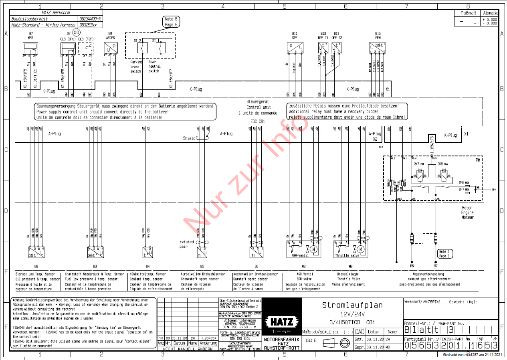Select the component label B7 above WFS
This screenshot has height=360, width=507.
point(31,33)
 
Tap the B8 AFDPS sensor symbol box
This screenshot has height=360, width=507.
point(110,47)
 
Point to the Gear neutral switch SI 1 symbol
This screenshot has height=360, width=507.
point(161,47)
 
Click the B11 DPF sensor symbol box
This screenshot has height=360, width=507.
point(295,47)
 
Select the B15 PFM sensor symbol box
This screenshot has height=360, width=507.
point(378,47)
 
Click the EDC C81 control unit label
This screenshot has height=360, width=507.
point(258,121)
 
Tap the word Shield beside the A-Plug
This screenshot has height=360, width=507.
point(190,138)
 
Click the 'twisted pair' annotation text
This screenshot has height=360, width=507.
point(186,244)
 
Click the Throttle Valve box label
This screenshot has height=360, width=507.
point(347,255)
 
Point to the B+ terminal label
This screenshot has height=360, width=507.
point(495,190)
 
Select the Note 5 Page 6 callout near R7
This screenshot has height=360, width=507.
point(444,254)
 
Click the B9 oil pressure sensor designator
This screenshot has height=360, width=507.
point(36,266)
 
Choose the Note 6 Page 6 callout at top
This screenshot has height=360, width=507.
point(171,22)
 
